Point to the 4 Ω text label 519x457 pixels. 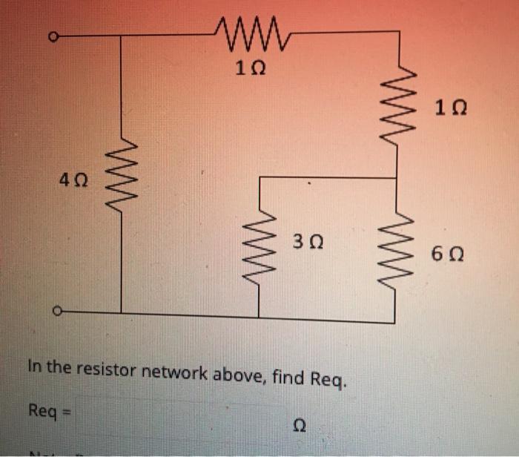75,180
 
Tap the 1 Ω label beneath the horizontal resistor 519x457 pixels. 247,70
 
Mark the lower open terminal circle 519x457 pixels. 54,312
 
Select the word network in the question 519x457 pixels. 178,369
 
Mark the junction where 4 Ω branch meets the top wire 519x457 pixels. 121,34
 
